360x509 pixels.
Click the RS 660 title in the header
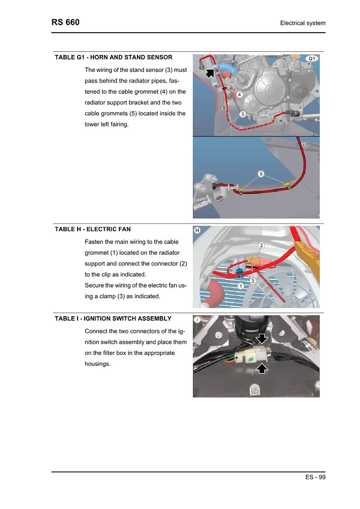pos(65,23)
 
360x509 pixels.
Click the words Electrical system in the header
pos(303,23)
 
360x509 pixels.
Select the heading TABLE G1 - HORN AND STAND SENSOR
pos(113,57)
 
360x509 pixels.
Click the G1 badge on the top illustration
pos(312,59)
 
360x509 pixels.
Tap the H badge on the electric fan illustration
pos(197,231)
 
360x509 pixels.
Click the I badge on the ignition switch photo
pos(197,320)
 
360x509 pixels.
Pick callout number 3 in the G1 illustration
pos(243,114)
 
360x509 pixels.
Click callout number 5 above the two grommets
pos(261,174)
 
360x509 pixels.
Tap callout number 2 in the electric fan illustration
pos(261,246)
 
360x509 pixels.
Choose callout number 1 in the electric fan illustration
pos(241,285)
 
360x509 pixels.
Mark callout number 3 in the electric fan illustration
pos(253,280)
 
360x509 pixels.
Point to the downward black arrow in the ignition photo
pos(262,336)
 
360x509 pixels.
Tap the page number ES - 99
pos(315,478)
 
